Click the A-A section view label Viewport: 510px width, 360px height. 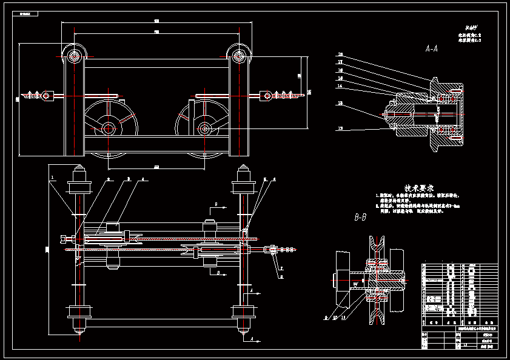[432, 48]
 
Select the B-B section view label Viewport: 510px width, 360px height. [360, 216]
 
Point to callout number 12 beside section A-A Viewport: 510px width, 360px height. [340, 128]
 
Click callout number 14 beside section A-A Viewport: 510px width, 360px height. [340, 86]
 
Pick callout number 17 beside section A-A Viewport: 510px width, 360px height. [340, 62]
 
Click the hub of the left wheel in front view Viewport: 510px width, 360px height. [109, 128]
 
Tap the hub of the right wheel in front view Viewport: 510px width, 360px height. [205, 128]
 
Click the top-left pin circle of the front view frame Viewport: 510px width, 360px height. [75, 58]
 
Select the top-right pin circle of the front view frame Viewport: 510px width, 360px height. [238, 58]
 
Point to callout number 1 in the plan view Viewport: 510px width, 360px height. [53, 178]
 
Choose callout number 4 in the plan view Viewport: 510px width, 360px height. [143, 179]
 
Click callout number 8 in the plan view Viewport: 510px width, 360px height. [281, 276]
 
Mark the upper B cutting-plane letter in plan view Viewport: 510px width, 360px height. [216, 205]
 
